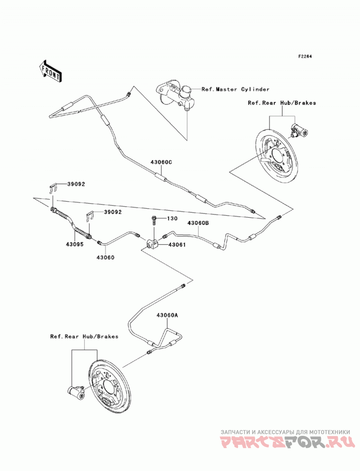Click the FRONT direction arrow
click(50, 71)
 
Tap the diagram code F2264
click(305, 56)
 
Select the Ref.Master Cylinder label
click(235, 89)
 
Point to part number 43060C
click(161, 162)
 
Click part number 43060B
click(198, 223)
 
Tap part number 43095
click(75, 244)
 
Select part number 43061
click(177, 245)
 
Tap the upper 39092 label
click(76, 184)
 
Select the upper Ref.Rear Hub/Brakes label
click(282, 103)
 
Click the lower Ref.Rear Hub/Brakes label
click(84, 336)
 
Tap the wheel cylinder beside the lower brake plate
click(76, 392)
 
